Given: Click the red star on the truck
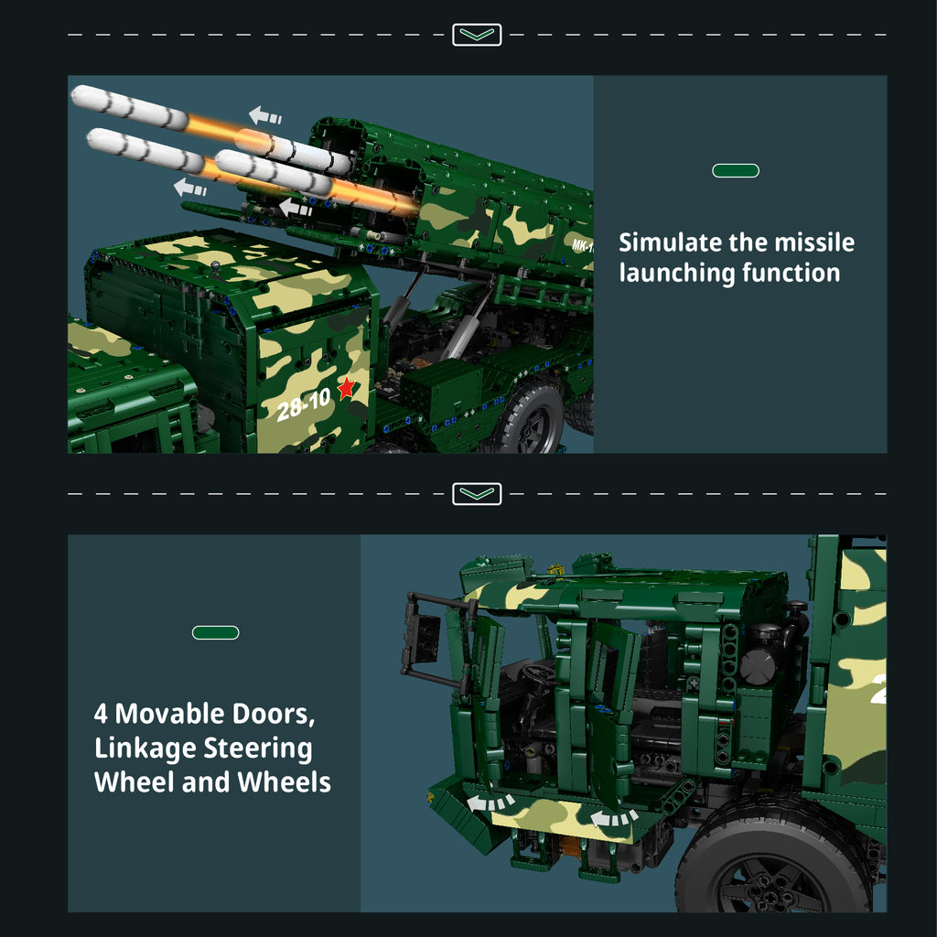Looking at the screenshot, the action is pyautogui.click(x=347, y=388).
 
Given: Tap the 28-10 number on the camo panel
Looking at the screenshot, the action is pyautogui.click(x=304, y=404).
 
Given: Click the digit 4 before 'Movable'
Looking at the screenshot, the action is pyautogui.click(x=101, y=714).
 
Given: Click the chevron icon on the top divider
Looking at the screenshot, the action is pyautogui.click(x=476, y=35).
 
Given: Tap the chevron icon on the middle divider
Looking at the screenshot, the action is pyautogui.click(x=476, y=493).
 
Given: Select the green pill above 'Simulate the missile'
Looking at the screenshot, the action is pyautogui.click(x=736, y=171).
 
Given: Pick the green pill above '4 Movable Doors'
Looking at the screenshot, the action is pyautogui.click(x=216, y=632).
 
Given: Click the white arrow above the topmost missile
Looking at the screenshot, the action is pyautogui.click(x=264, y=114).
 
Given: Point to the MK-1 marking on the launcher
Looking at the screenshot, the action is pyautogui.click(x=582, y=245).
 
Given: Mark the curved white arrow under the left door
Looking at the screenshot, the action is pyautogui.click(x=490, y=802).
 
